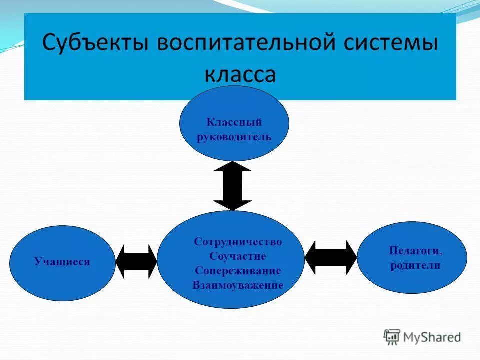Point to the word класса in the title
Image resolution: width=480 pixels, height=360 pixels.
pos(240,74)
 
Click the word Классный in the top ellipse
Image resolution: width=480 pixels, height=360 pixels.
pos(234,122)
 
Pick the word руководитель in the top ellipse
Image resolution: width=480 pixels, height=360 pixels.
pos(234,136)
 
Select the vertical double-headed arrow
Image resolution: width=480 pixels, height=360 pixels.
pos(232,186)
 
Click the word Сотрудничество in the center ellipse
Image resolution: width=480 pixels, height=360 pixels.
pos(238,242)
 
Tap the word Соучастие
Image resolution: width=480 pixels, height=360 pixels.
pos(238,256)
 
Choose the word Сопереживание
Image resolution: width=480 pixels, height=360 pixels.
pos(238,271)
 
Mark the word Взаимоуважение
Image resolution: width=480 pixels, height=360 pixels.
pos(238,285)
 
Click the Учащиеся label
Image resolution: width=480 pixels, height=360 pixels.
pos(62,261)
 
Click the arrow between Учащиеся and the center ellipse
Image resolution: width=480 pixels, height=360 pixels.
pos(136,261)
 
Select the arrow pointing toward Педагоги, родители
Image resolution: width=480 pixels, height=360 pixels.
pos(331,257)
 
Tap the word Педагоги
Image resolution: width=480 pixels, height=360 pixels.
pos(415,251)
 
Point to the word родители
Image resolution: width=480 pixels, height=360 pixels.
pos(415,265)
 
